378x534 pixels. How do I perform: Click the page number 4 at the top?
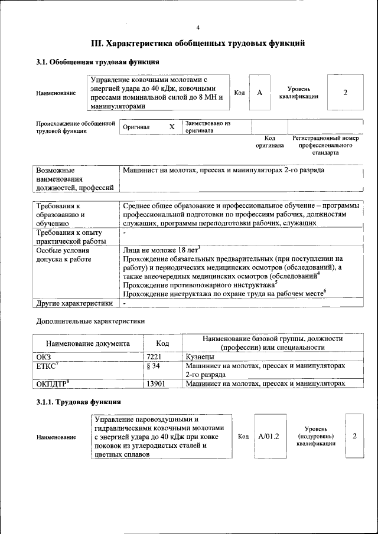coord(198,28)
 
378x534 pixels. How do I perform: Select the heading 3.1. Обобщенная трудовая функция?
coord(97,62)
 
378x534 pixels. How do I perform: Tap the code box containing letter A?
coord(259,93)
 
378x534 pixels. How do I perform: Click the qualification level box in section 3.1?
coord(345,93)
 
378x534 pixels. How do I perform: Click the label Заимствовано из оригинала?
coord(207,127)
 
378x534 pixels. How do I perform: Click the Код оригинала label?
coord(269,142)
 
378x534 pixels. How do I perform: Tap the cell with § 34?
coord(153,366)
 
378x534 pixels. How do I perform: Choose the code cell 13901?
coord(155,384)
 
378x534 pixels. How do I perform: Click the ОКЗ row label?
coord(44,357)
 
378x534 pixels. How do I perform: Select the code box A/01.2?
coord(268,436)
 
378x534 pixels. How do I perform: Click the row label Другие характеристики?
coord(74,303)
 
